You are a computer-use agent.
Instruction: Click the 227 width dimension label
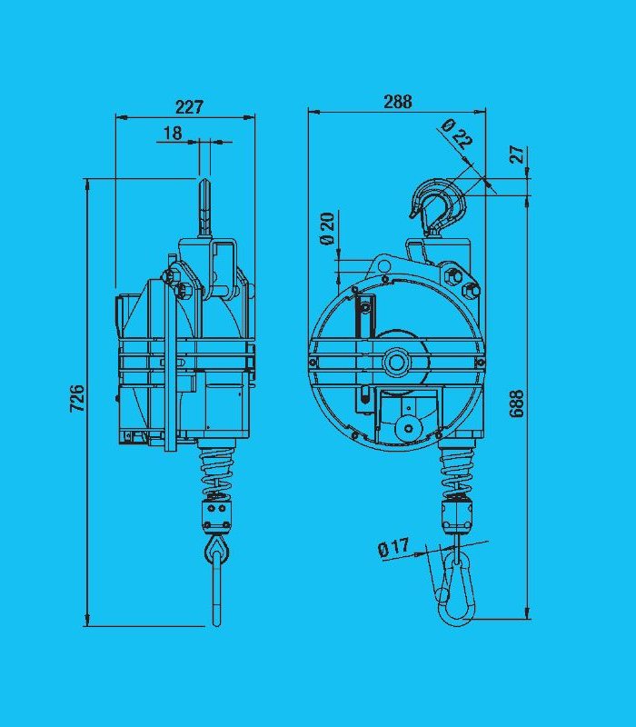(x=189, y=106)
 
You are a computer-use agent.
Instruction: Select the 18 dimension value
(x=172, y=134)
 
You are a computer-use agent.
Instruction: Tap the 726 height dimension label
(x=77, y=398)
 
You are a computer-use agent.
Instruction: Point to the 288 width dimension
(x=397, y=102)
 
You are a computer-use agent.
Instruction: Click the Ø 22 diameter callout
(x=456, y=134)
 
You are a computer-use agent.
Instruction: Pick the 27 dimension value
(x=517, y=154)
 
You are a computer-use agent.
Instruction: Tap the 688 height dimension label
(x=517, y=403)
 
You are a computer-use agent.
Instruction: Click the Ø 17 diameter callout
(x=393, y=548)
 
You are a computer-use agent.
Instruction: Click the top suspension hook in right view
(x=438, y=204)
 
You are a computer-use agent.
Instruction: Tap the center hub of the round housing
(x=395, y=361)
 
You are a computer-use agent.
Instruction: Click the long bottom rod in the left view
(x=216, y=595)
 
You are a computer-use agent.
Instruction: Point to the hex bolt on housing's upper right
(x=472, y=291)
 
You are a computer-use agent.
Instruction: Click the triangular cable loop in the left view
(x=216, y=548)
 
